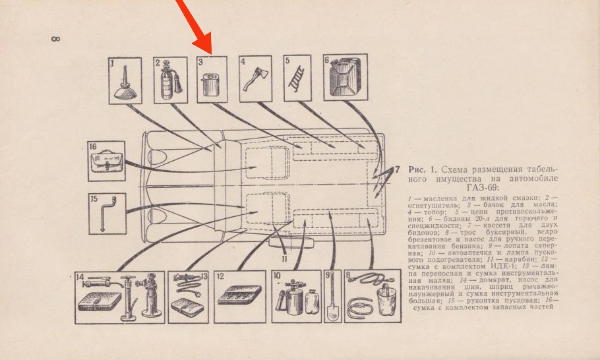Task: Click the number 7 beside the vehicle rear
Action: (398, 169)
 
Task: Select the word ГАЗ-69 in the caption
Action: (540, 187)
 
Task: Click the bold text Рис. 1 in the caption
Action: (421, 169)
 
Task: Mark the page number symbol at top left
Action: (55, 40)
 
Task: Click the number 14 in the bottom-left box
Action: (80, 277)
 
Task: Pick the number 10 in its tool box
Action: (278, 276)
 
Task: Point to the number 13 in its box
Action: (204, 277)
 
